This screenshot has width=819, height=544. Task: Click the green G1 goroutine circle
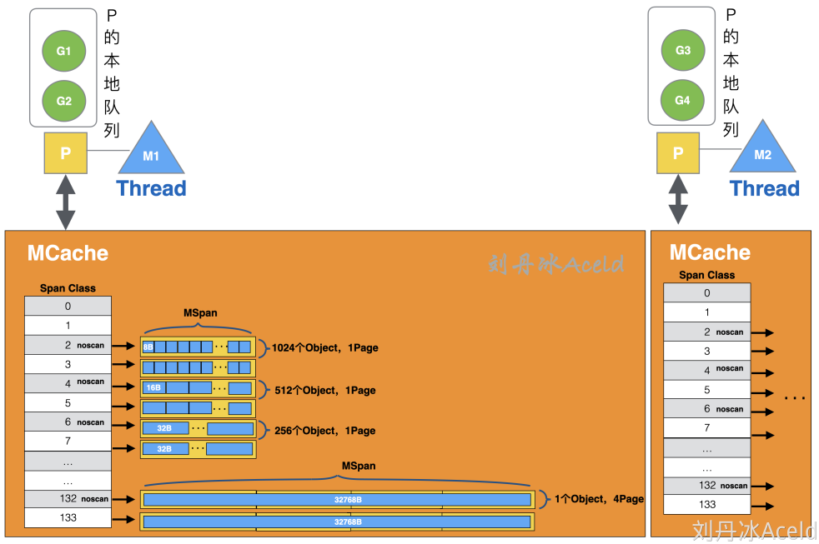(64, 52)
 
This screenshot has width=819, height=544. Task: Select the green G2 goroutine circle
(64, 101)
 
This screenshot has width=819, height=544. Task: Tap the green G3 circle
(682, 51)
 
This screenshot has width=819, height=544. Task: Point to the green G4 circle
(682, 100)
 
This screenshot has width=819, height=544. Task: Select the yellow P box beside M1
(66, 154)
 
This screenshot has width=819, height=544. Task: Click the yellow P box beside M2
(678, 153)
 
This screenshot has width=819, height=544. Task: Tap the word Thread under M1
(151, 188)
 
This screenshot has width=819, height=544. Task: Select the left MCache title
(68, 253)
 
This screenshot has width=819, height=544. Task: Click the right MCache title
(710, 252)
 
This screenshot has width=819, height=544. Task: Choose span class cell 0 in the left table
(68, 306)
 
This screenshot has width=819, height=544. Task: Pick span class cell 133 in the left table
(68, 517)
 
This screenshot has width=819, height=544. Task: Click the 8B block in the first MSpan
(148, 347)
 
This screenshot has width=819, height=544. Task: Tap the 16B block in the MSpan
(153, 387)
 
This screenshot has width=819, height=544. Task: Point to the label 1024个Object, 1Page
(324, 347)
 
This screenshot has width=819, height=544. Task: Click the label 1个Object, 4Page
(599, 499)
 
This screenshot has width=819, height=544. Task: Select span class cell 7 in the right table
(706, 428)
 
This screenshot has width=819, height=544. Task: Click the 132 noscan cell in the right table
(706, 485)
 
